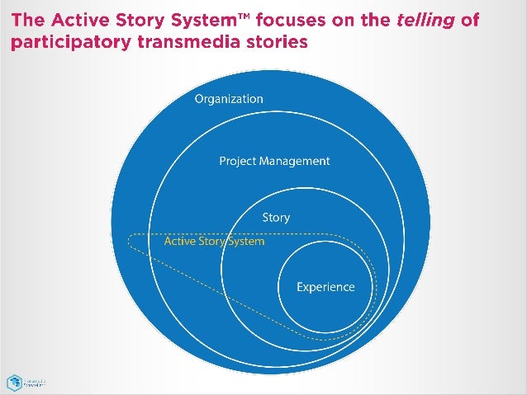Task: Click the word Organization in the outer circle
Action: (229, 99)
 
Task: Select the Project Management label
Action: (274, 161)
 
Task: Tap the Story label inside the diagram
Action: (276, 218)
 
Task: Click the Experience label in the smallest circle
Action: (325, 287)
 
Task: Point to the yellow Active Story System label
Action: (214, 242)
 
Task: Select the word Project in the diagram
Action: (238, 161)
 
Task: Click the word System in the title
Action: (223, 20)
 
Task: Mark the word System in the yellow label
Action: (245, 242)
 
